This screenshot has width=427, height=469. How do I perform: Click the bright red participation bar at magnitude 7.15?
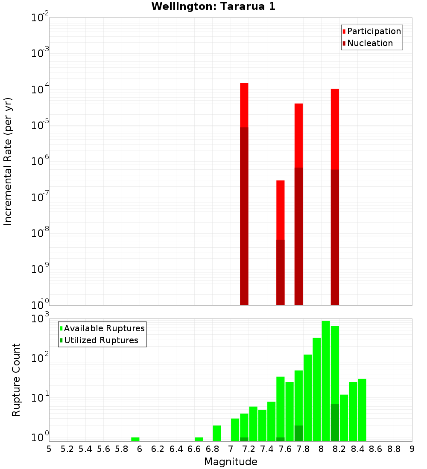click(x=244, y=104)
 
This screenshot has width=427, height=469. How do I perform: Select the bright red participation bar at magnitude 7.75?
click(x=298, y=135)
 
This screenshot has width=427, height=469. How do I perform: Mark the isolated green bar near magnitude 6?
click(x=135, y=439)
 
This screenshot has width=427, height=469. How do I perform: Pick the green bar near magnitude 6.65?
click(x=199, y=439)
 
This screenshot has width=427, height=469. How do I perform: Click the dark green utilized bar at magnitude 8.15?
click(x=335, y=422)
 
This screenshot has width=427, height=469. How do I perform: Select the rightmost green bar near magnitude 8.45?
click(x=362, y=410)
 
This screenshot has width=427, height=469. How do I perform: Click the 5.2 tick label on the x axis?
click(x=67, y=449)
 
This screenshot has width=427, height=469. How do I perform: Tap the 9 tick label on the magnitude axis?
click(x=412, y=449)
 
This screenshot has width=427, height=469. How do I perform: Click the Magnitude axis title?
click(x=231, y=462)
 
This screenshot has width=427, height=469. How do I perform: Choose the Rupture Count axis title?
click(x=16, y=379)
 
